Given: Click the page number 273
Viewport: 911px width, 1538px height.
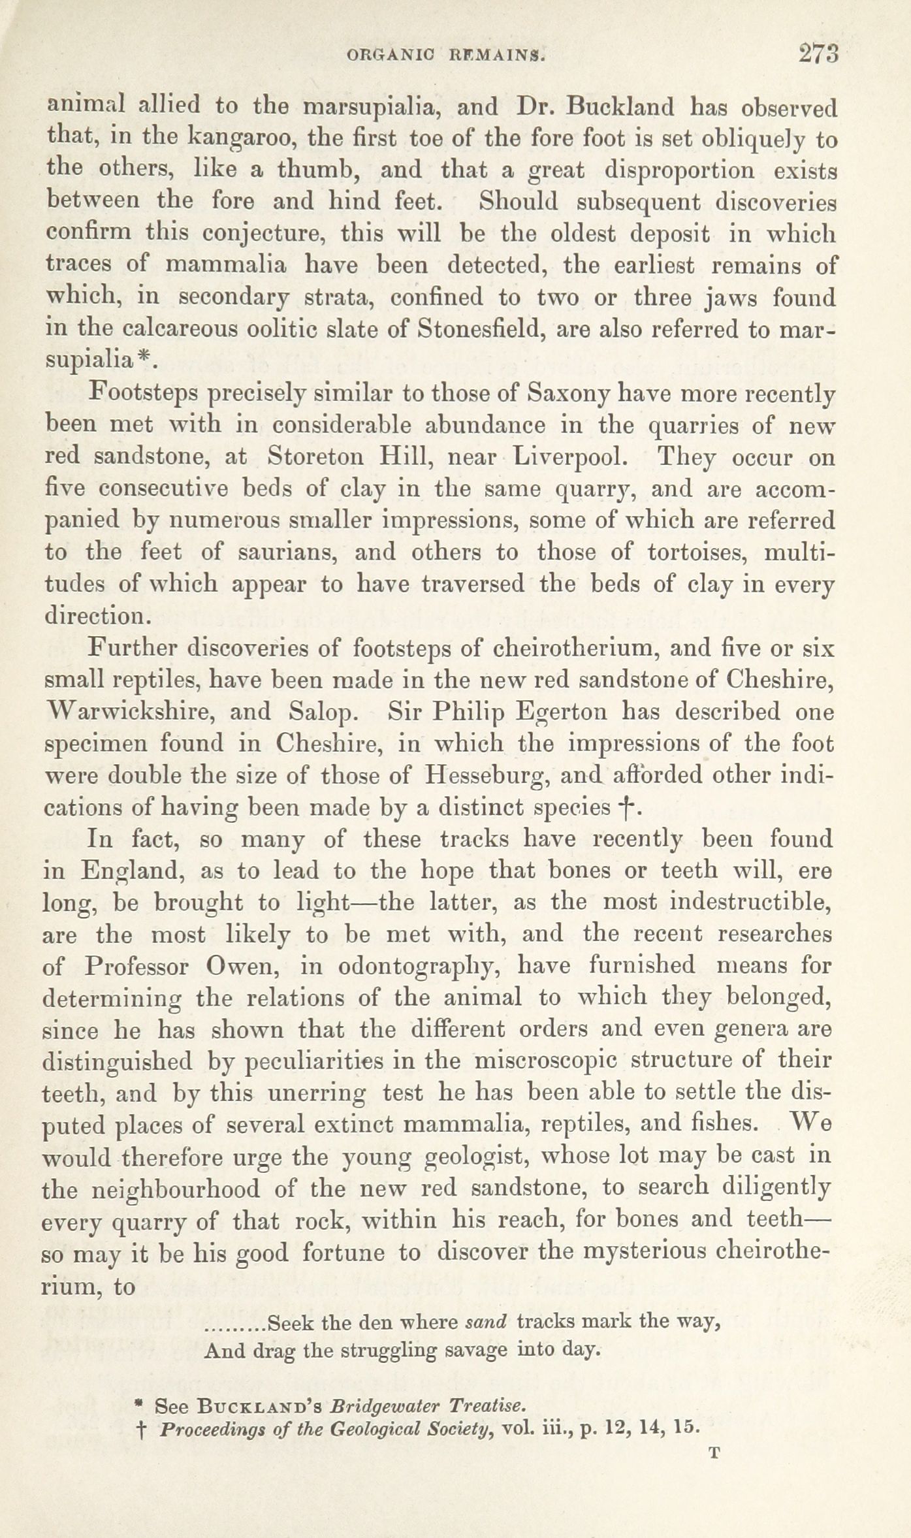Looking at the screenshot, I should click(818, 54).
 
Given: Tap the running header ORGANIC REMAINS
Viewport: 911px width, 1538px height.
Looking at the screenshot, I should click(446, 56).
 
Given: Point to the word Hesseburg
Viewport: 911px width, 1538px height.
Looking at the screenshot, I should click(485, 776).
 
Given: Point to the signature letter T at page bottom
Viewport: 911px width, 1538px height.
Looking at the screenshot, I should click(714, 1452).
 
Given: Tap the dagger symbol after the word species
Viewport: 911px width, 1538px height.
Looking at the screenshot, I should click(629, 809).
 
